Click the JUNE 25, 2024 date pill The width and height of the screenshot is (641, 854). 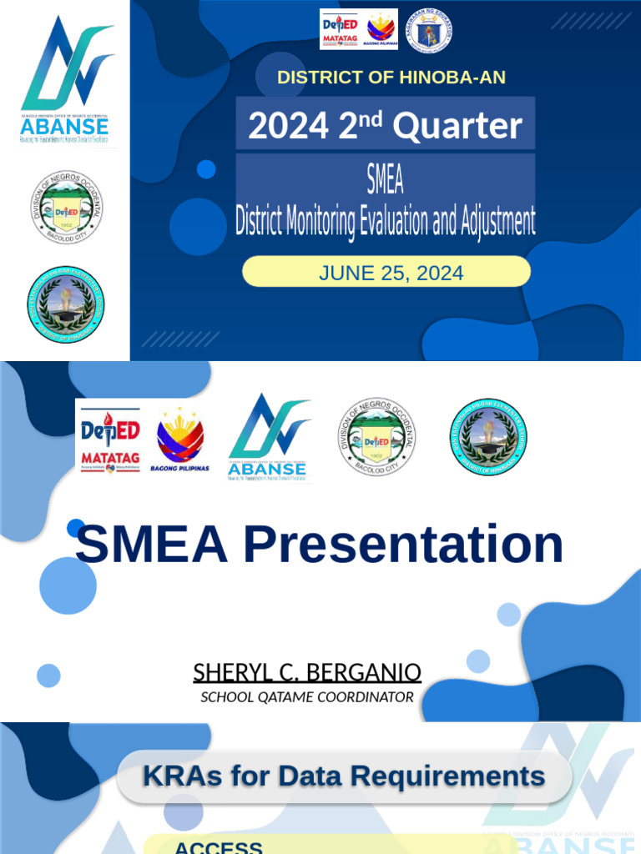386,272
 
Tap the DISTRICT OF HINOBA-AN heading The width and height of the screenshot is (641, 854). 391,78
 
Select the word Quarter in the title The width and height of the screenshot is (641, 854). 457,127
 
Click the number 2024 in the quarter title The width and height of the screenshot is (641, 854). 288,127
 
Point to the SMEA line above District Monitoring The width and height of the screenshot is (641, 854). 385,178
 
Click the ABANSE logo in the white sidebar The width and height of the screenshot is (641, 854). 65,81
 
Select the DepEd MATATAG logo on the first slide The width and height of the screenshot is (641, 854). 340,29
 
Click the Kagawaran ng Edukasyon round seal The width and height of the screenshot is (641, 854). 430,30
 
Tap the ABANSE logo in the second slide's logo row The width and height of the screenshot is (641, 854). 269,439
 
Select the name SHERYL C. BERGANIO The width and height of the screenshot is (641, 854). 307,672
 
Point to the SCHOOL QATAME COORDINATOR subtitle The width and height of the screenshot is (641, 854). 307,696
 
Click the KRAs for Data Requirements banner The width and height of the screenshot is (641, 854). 344,776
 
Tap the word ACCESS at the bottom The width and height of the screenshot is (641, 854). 218,847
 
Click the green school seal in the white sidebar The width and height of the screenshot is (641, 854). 66,304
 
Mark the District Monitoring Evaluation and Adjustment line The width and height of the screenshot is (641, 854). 385,222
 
